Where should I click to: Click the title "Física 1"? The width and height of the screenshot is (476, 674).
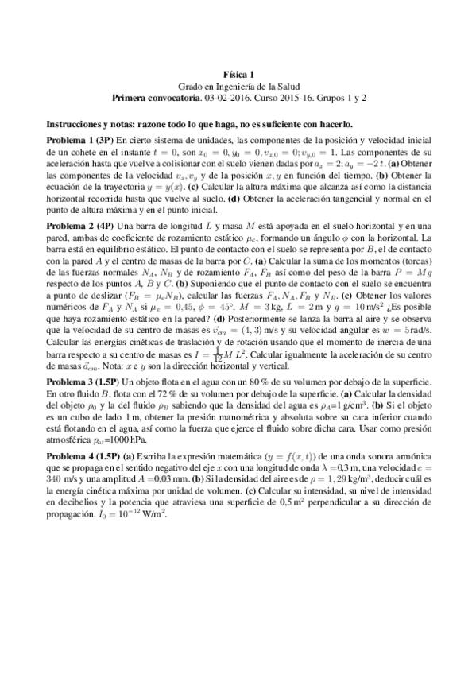[x=238, y=74]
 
